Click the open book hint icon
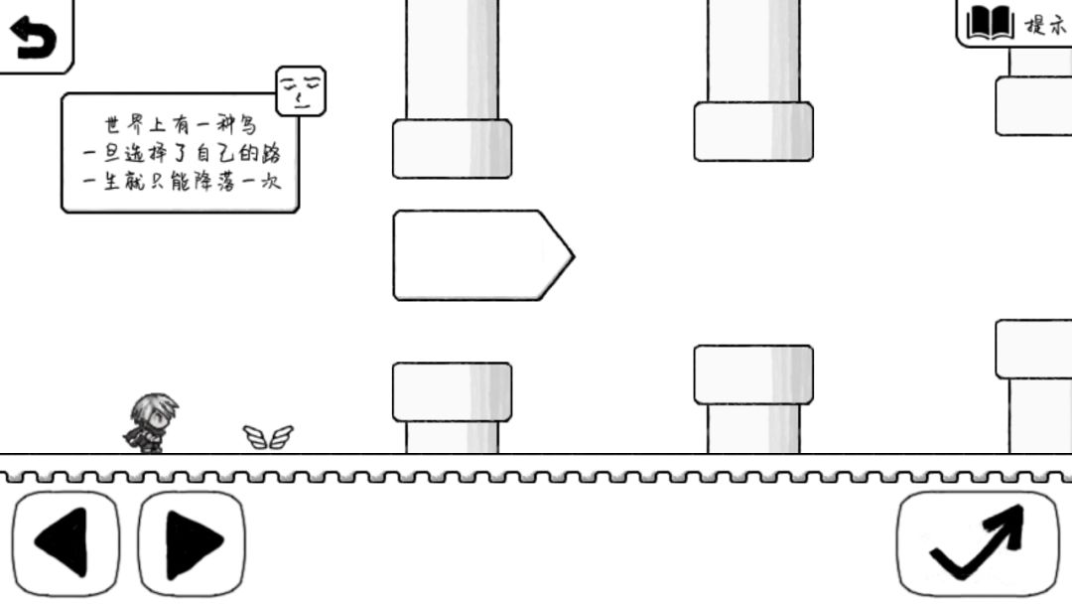[990, 23]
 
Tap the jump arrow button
[978, 543]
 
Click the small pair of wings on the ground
[268, 437]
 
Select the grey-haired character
[151, 423]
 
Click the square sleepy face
[301, 91]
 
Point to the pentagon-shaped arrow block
[483, 255]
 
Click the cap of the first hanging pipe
[452, 149]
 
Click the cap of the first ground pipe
[452, 392]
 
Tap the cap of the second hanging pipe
[753, 132]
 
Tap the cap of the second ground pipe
[753, 375]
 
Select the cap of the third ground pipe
[1033, 349]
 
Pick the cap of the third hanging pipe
[1033, 106]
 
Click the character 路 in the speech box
[271, 153]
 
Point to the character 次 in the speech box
[271, 182]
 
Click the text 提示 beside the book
[1046, 25]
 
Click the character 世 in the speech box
[113, 124]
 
